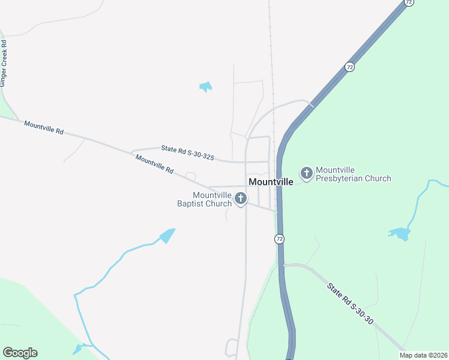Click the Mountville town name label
(x=271, y=182)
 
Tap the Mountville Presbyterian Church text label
(x=353, y=174)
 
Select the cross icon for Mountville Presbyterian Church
(x=306, y=174)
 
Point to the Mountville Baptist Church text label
(x=204, y=199)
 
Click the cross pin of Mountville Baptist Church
(x=241, y=198)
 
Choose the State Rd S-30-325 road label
(x=187, y=152)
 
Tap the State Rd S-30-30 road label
(x=351, y=304)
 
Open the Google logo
(x=20, y=353)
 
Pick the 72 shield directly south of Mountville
(x=279, y=239)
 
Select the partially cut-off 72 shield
(x=408, y=2)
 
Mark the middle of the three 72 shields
(x=349, y=67)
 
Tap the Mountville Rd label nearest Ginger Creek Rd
(x=44, y=127)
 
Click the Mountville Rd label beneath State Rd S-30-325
(x=154, y=164)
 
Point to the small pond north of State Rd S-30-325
(x=206, y=87)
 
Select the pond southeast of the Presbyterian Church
(x=400, y=233)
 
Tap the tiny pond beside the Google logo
(x=77, y=349)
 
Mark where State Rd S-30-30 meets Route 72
(x=284, y=264)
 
